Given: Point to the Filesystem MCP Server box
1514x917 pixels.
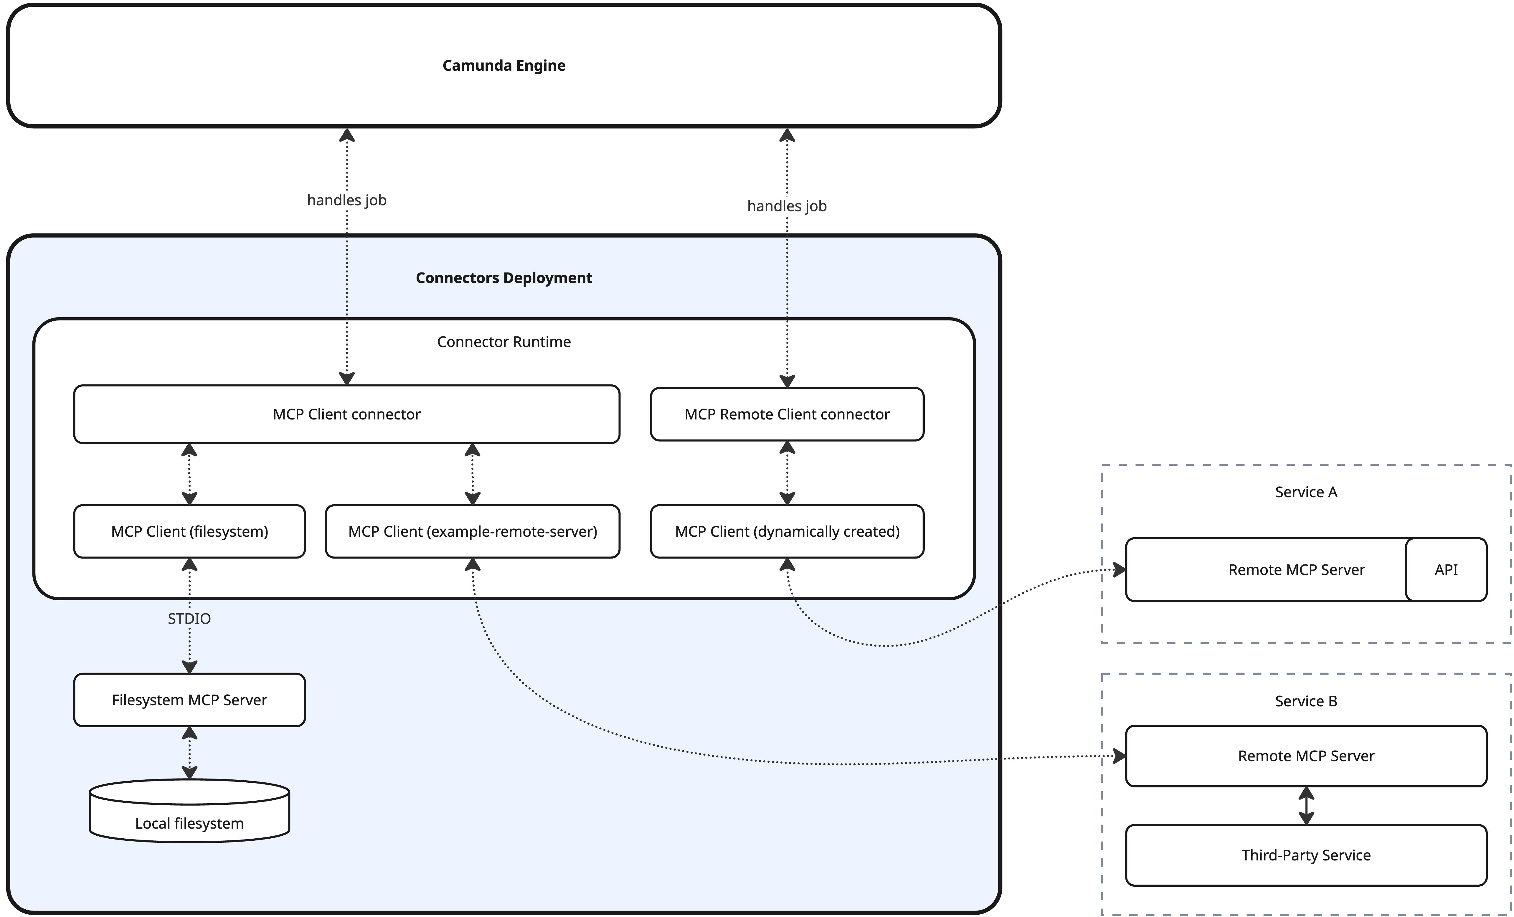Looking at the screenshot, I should coord(189,700).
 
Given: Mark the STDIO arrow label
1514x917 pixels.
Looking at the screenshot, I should coord(189,619).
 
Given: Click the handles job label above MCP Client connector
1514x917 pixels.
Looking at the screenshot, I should coord(346,200).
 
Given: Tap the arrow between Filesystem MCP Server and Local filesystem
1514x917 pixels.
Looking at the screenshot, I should coord(189,753).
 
